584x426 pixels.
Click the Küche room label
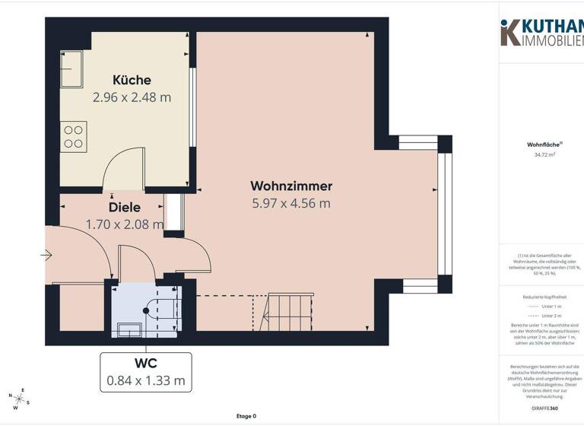click(132, 80)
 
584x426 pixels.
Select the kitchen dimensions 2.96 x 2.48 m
click(132, 97)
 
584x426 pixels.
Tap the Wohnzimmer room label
click(291, 186)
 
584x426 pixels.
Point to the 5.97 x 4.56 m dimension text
click(291, 203)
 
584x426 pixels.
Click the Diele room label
click(125, 207)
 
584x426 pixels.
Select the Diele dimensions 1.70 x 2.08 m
click(125, 224)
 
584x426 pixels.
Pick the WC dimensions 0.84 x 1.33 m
click(147, 380)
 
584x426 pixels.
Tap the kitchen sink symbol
click(73, 68)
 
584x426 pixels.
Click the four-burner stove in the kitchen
click(74, 137)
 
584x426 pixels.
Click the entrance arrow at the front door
click(47, 256)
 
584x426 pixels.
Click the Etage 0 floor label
click(246, 416)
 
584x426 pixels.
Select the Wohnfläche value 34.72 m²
click(544, 154)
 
